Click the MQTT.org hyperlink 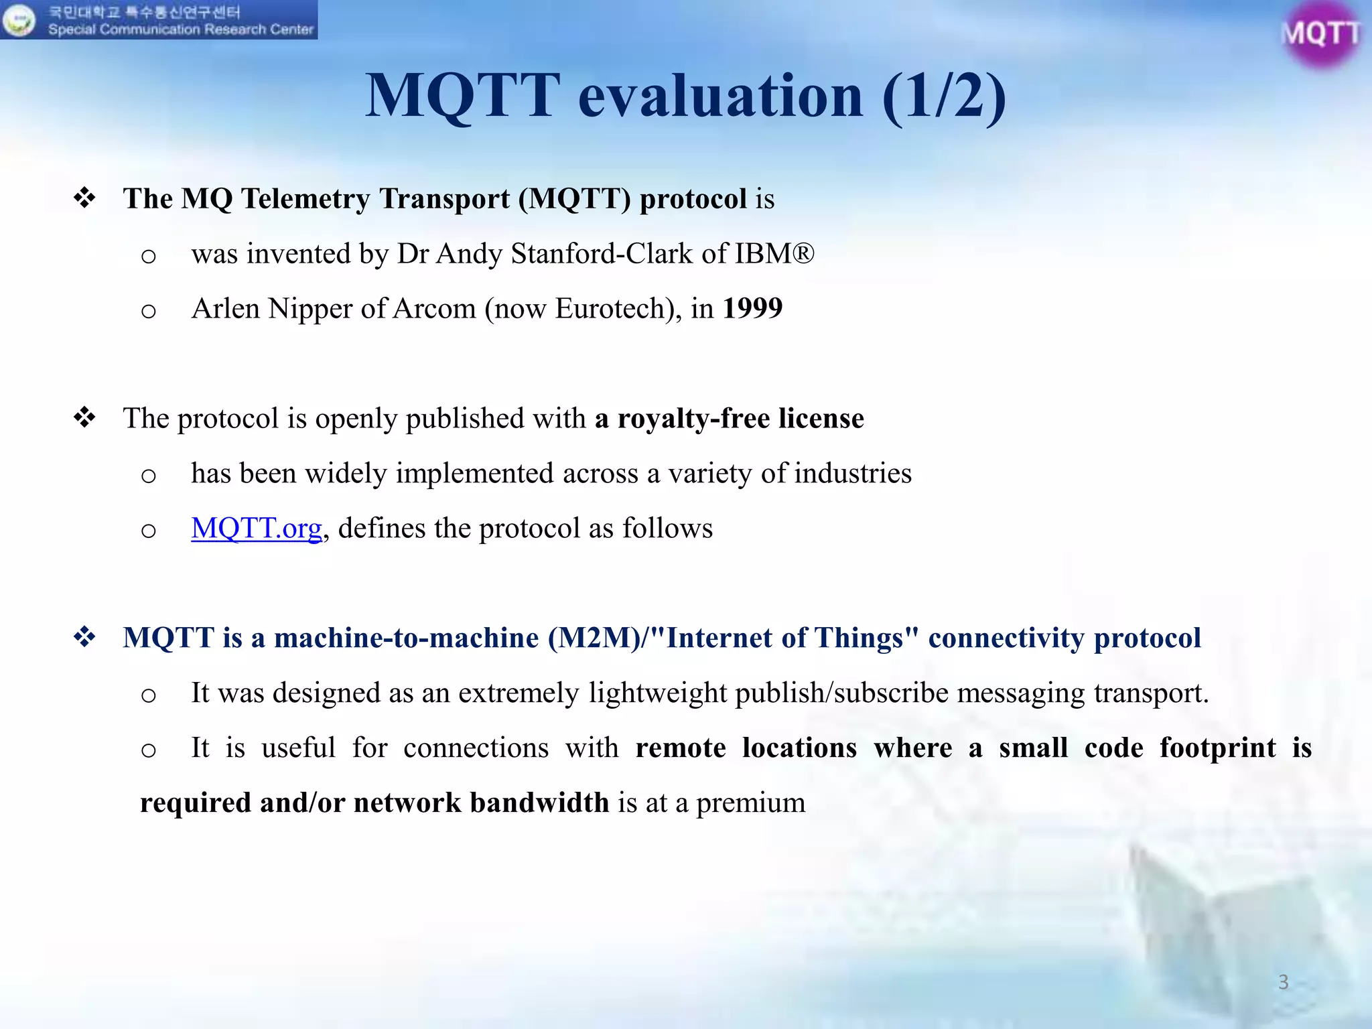(257, 529)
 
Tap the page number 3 (1283, 982)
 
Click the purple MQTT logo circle (1320, 33)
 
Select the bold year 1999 (752, 308)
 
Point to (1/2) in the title (944, 96)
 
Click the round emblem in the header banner (18, 20)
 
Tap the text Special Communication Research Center (180, 29)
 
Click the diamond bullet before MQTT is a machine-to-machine (85, 637)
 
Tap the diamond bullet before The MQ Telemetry (85, 198)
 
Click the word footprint (1217, 748)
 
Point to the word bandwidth (539, 803)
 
